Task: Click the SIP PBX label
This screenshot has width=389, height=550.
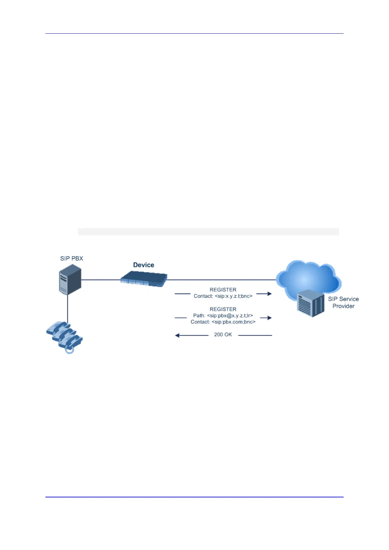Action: [x=72, y=258]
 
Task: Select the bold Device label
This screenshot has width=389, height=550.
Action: [x=143, y=265]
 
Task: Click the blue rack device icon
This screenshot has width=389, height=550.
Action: [x=144, y=280]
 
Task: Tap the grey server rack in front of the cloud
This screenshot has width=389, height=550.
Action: [x=310, y=303]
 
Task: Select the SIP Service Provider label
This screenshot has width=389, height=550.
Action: [x=343, y=303]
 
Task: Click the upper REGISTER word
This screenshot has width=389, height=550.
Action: [x=223, y=290]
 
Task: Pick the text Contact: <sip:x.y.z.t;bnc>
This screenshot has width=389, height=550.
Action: [x=223, y=296]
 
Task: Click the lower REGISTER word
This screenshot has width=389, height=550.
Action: [x=223, y=309]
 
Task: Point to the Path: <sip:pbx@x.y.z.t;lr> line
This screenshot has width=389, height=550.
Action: [x=223, y=316]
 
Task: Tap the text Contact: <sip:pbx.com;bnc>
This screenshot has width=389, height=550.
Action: [x=223, y=322]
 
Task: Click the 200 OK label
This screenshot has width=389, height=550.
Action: [x=223, y=335]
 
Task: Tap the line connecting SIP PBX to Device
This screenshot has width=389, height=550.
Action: [x=101, y=280]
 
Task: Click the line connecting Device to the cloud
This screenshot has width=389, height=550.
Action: [x=222, y=280]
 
